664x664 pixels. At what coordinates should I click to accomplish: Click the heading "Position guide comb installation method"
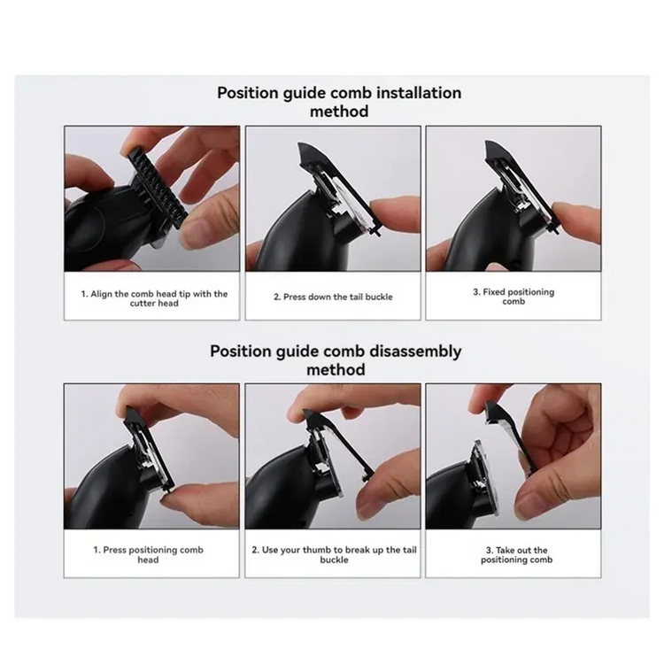click(339, 102)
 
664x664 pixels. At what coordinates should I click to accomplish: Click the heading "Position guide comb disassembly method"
click(336, 359)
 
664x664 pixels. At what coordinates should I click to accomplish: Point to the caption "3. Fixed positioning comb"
click(513, 297)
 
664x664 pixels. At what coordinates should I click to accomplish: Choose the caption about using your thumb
click(334, 554)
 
